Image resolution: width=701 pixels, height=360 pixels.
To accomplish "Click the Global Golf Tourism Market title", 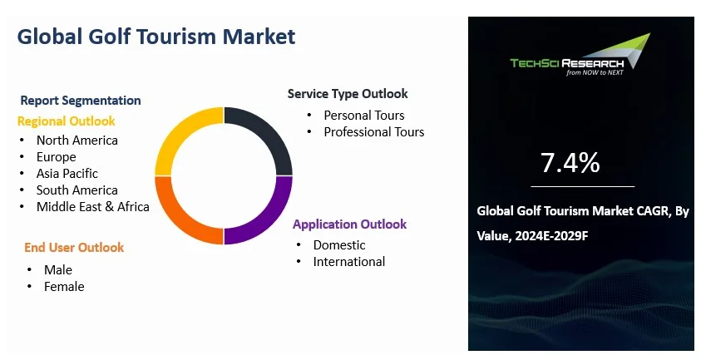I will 156,37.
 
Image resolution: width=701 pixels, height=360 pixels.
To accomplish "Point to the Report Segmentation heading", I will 81,101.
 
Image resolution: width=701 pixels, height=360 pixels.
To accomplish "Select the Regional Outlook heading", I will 67,121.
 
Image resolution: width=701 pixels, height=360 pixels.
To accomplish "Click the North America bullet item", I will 77,141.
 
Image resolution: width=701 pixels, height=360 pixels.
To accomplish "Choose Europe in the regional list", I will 56,157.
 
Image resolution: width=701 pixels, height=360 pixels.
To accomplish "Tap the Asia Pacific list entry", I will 67,174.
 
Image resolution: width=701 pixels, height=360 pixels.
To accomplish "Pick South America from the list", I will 77,190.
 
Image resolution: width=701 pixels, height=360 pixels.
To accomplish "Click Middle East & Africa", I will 92,207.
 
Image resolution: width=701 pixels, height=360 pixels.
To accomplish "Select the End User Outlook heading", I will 73,247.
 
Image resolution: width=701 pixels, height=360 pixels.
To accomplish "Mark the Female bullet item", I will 64,287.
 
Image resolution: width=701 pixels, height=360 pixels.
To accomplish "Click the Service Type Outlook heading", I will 348,94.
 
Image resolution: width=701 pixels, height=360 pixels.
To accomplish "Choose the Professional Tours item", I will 373,132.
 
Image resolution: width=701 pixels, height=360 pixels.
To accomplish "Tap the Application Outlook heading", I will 349,224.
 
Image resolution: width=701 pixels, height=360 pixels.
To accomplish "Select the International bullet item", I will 348,262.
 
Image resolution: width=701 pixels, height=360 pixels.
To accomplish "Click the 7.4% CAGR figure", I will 570,163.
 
